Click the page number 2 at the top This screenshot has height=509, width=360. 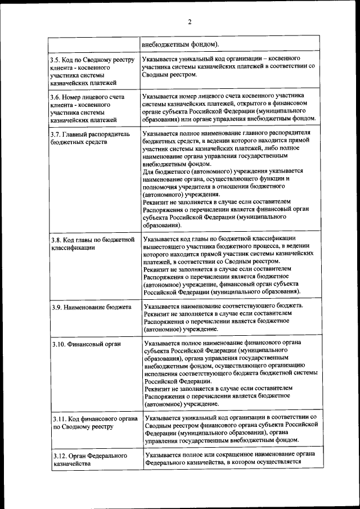(x=190, y=22)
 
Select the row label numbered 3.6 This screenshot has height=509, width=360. (x=87, y=108)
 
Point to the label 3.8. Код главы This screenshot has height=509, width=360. (x=92, y=243)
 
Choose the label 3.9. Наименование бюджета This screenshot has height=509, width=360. (x=91, y=308)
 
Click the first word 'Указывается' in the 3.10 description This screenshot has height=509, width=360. (x=162, y=342)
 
